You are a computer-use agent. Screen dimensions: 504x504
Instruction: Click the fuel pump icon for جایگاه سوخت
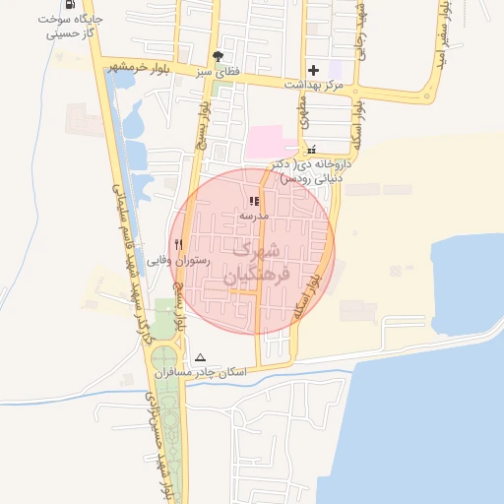(x=69, y=4)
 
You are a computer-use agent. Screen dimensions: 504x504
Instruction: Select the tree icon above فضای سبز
(x=218, y=57)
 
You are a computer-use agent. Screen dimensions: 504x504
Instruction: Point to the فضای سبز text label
(x=217, y=72)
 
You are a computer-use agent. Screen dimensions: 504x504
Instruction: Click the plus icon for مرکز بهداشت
(x=313, y=70)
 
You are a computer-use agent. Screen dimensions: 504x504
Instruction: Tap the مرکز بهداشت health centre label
(x=312, y=86)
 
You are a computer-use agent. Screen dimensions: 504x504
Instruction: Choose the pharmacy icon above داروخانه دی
(x=312, y=150)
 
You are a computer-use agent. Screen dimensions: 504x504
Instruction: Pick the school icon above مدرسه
(x=241, y=201)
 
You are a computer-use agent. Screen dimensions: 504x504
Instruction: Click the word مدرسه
(x=240, y=215)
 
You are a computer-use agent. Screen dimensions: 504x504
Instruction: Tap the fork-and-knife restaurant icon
(x=178, y=244)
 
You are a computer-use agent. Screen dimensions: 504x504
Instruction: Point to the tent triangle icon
(x=202, y=357)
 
